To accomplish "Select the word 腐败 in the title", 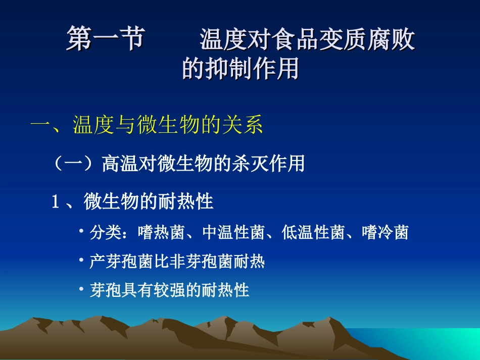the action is pyautogui.click(x=391, y=39).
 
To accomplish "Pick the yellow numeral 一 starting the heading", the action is pyautogui.click(x=40, y=125).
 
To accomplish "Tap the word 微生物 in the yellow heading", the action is pyautogui.click(x=169, y=125).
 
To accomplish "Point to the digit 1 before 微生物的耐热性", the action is pyautogui.click(x=56, y=202).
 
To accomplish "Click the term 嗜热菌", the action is pyautogui.click(x=161, y=232).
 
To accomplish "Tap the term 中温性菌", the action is pyautogui.click(x=233, y=232).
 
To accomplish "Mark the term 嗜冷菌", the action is pyautogui.click(x=386, y=232).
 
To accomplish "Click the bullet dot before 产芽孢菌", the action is pyautogui.click(x=81, y=261).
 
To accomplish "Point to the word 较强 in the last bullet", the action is pyautogui.click(x=169, y=290).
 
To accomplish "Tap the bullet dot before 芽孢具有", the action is pyautogui.click(x=81, y=288).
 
